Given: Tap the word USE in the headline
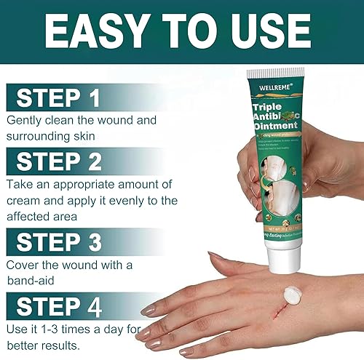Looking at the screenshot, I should pos(277,33).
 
